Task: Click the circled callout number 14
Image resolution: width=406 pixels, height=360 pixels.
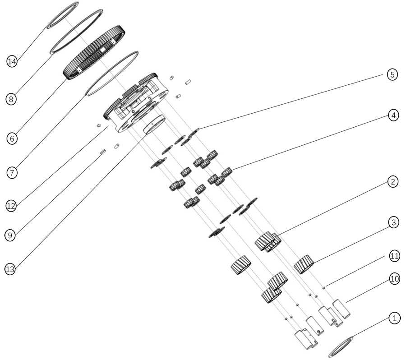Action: point(12,61)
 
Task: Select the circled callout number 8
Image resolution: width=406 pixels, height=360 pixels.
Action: point(11,99)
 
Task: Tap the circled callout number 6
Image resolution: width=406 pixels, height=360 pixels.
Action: point(12,138)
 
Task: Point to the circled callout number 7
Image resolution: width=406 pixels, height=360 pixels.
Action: point(12,172)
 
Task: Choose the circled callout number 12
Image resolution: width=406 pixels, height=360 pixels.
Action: point(11,206)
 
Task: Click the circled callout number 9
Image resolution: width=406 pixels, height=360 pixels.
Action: point(10,235)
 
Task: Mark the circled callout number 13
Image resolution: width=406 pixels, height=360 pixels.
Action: point(10,269)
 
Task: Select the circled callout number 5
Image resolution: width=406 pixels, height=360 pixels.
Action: point(392,74)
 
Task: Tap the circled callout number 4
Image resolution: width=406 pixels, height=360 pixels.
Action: point(393,115)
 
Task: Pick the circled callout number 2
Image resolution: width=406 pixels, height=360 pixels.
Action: point(393,181)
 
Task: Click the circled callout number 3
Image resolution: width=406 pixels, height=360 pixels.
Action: point(394,222)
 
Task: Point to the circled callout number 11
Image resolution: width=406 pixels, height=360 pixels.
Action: point(394,256)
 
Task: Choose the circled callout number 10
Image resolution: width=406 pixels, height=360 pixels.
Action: point(394,279)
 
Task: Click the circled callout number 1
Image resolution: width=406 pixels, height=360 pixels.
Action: point(394,318)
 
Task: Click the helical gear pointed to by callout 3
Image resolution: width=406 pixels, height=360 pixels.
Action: point(304,264)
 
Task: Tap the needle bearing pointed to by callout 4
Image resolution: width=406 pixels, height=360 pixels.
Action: point(226,172)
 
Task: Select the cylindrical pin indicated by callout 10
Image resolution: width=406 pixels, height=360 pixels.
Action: point(341,309)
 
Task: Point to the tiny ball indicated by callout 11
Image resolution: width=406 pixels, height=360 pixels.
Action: point(323,288)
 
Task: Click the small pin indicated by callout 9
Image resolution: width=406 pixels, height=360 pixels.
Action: point(103,152)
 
